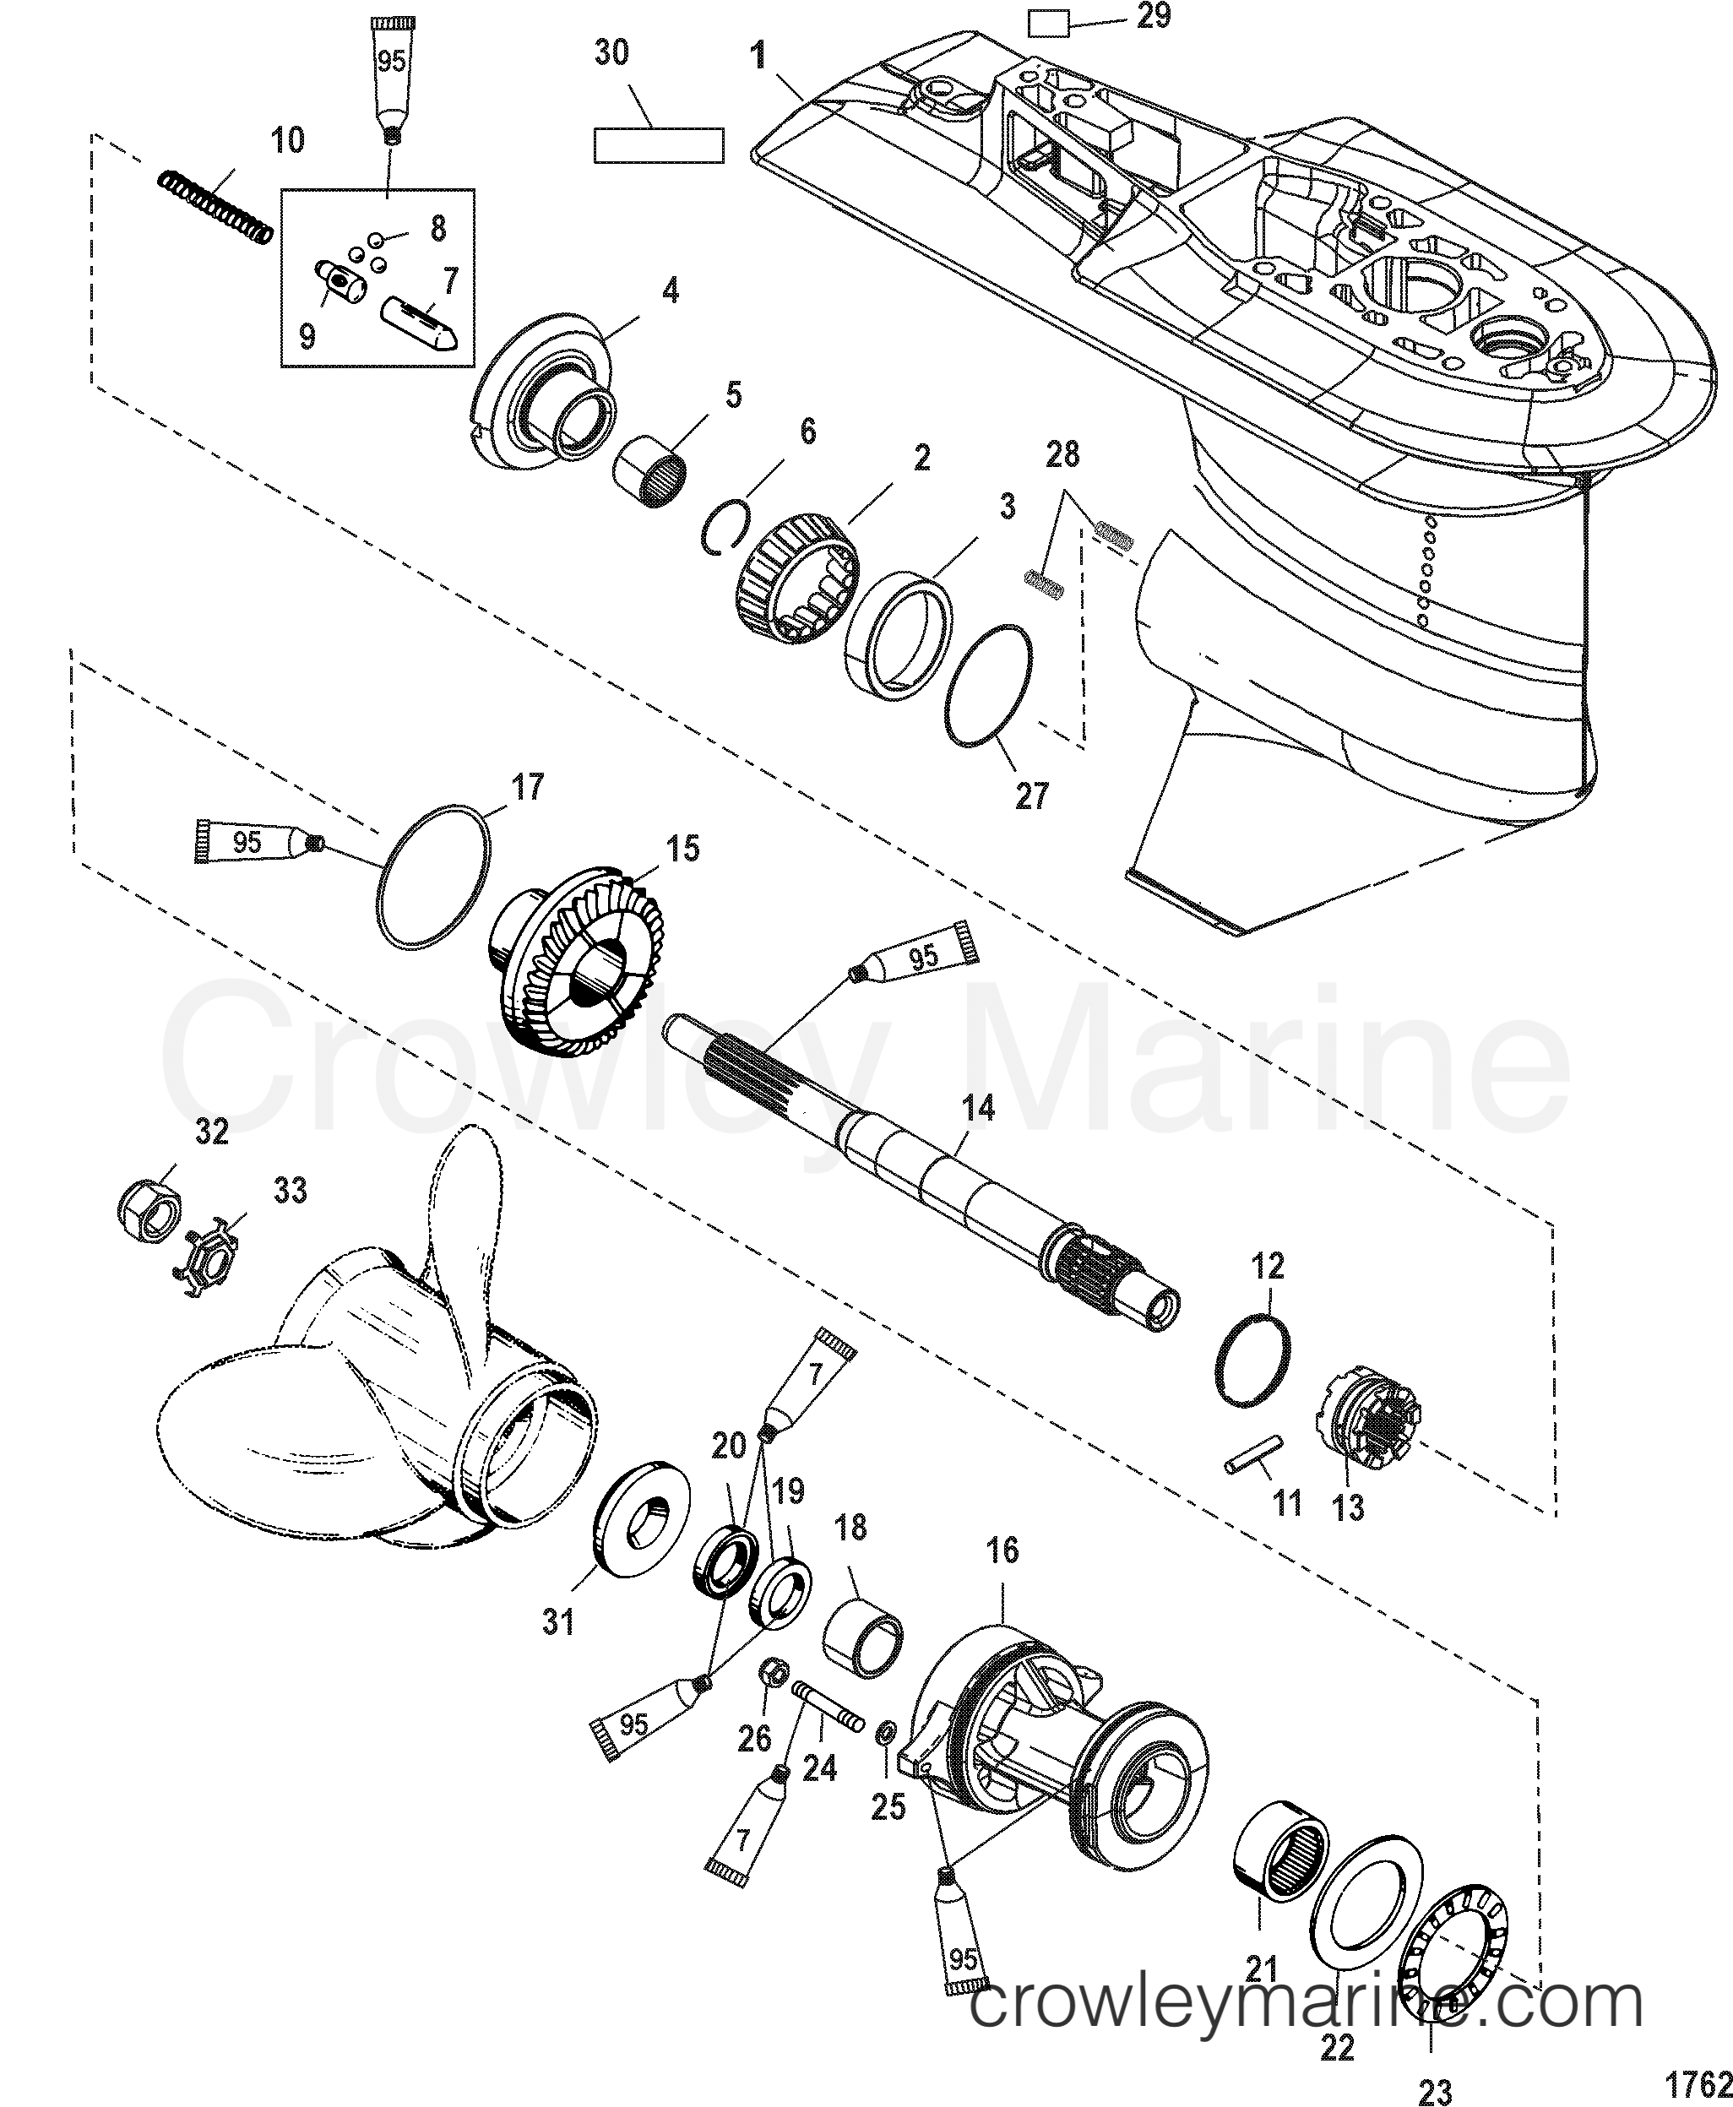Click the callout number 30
(x=612, y=52)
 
